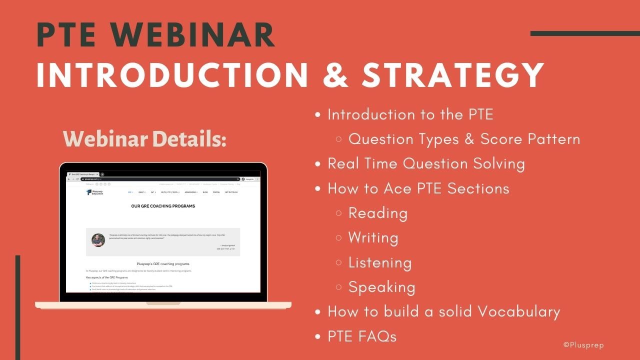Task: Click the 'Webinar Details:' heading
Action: (x=144, y=139)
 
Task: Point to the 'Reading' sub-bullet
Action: (x=377, y=213)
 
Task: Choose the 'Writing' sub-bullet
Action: (x=373, y=237)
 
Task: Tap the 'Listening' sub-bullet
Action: (x=380, y=262)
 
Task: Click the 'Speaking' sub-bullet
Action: (x=381, y=287)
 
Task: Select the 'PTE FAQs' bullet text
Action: (x=362, y=336)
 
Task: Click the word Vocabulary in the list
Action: (x=518, y=311)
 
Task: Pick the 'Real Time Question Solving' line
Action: (x=426, y=163)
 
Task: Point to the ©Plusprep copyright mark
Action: (x=583, y=345)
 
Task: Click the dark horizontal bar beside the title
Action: (x=585, y=33)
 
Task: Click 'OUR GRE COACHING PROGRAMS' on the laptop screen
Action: (x=163, y=206)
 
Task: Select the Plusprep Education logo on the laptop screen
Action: (x=95, y=192)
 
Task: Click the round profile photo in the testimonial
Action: (x=98, y=240)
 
